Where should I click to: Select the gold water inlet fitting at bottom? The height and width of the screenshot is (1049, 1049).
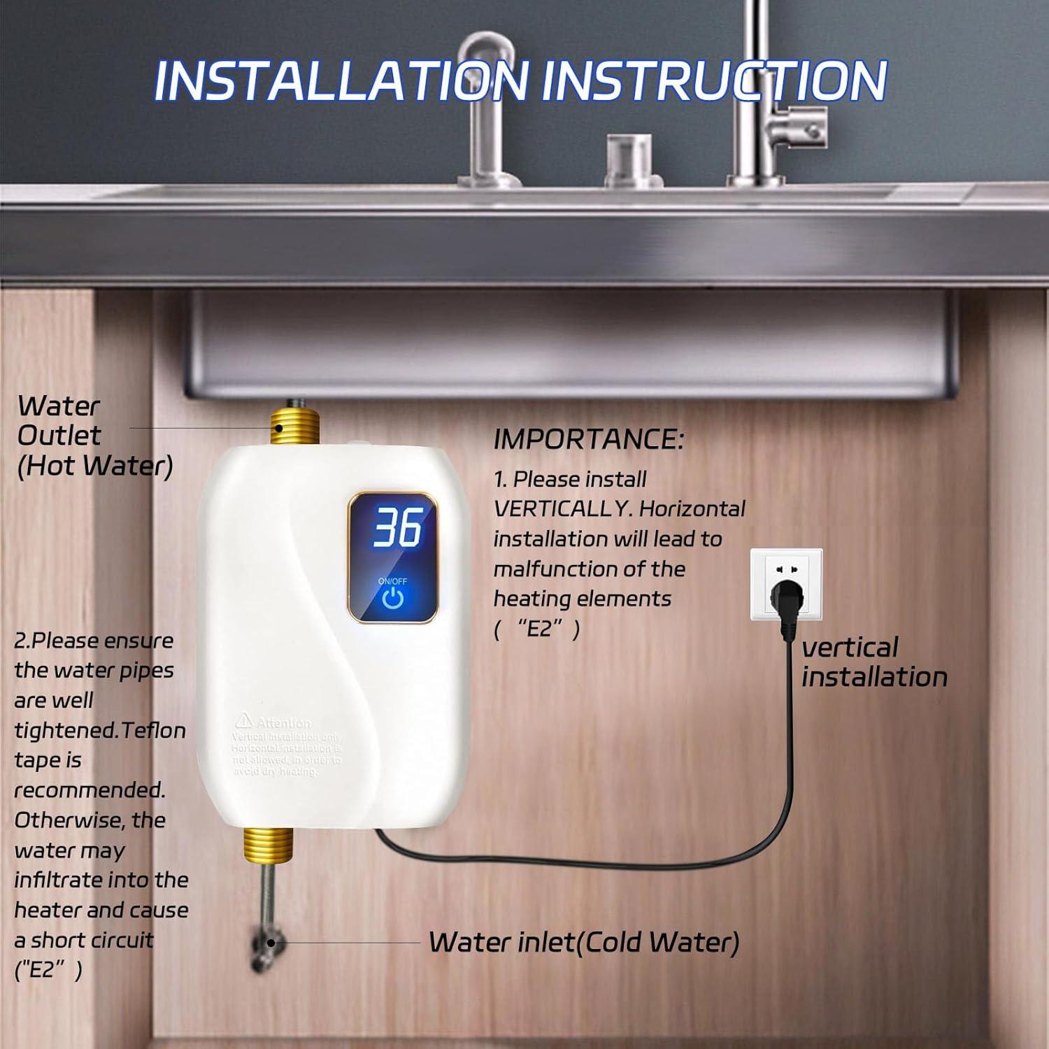click(x=268, y=845)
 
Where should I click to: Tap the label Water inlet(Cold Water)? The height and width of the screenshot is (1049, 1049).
click(x=584, y=942)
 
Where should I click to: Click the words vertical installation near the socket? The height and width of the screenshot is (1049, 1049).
click(x=873, y=662)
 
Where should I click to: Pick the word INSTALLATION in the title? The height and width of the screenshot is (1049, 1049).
click(x=341, y=81)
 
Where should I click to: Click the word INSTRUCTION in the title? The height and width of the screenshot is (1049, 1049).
click(x=714, y=81)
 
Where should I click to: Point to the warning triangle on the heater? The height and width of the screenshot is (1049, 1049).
click(x=243, y=720)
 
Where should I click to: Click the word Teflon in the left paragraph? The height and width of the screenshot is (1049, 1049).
click(x=153, y=731)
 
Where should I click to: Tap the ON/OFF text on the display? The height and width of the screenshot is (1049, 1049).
click(x=392, y=581)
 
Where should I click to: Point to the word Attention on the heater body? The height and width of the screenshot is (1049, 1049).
click(x=284, y=722)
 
